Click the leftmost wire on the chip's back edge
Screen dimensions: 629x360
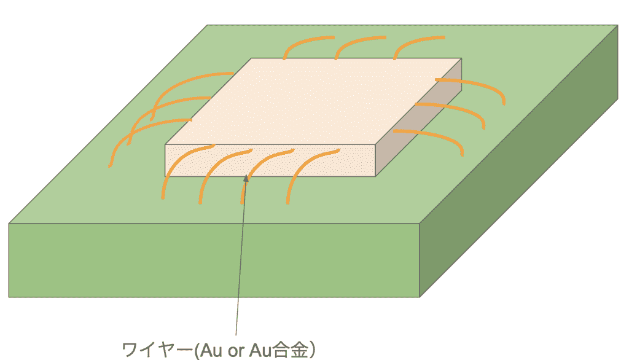[x=301, y=42]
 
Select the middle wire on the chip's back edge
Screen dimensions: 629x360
[x=353, y=42]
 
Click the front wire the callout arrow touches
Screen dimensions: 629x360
[x=257, y=168]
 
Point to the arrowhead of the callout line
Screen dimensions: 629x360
[x=246, y=178]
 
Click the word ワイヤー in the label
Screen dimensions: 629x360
[x=157, y=350]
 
